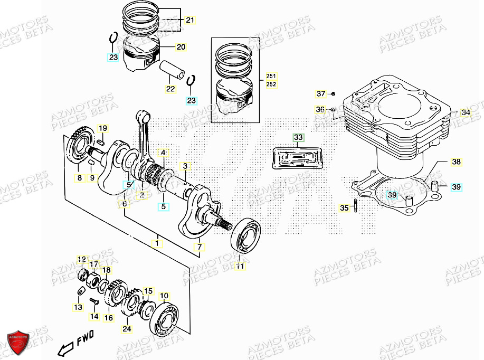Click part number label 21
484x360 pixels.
click(x=189, y=21)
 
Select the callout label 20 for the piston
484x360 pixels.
click(x=181, y=48)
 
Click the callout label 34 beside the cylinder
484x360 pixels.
click(x=465, y=112)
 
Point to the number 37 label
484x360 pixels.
click(x=321, y=94)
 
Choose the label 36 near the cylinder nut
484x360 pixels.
click(x=320, y=109)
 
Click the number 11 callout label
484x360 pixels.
click(x=240, y=267)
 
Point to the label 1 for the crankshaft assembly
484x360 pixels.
click(x=156, y=243)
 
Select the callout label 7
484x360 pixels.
click(x=200, y=247)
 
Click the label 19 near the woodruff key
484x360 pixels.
click(x=102, y=128)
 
